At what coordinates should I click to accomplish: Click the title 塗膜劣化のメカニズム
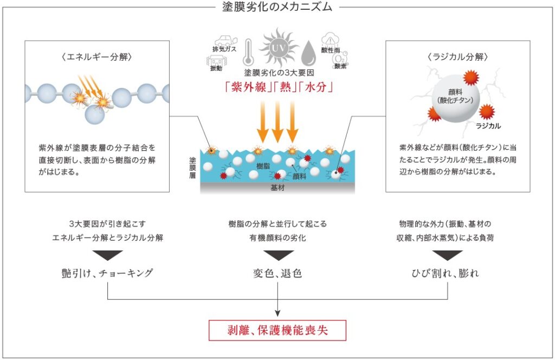point(277,7)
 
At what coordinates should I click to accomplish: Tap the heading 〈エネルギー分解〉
point(97,56)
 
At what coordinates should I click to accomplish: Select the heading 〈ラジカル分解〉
point(458,56)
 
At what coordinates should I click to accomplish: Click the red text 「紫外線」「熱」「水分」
point(277,87)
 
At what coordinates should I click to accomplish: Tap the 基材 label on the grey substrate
point(277,188)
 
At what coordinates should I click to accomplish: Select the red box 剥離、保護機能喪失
point(277,329)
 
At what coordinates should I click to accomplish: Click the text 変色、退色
point(277,273)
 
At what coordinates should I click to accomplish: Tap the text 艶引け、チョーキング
point(107,273)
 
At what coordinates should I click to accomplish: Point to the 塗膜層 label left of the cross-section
point(192,169)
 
